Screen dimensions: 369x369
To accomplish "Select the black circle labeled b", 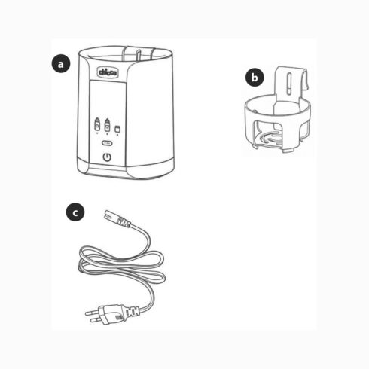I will (255, 77).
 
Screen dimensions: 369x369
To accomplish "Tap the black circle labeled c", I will (74, 213).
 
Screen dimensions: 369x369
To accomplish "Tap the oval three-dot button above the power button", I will (107, 141).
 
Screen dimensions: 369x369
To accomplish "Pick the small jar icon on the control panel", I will (119, 127).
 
